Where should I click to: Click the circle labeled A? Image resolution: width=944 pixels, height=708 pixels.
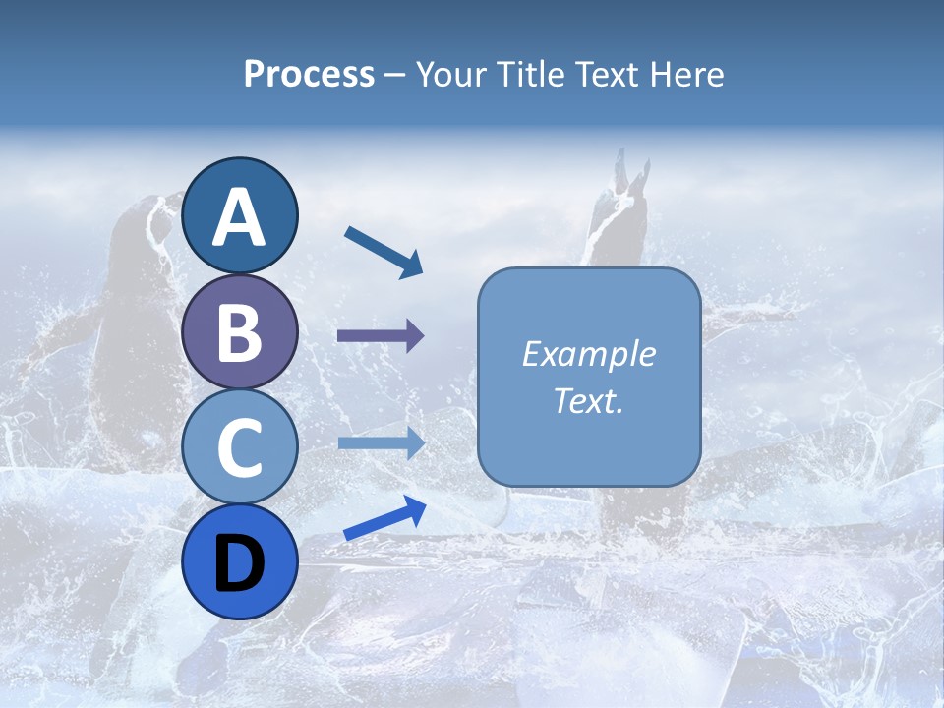pyautogui.click(x=240, y=215)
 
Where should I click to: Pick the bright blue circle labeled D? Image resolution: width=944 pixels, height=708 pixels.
pyautogui.click(x=240, y=561)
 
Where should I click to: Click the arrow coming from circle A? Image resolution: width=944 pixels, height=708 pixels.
pyautogui.click(x=383, y=251)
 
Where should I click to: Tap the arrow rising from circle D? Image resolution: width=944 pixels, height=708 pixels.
pyautogui.click(x=384, y=518)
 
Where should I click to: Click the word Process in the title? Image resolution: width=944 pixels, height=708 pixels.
pyautogui.click(x=309, y=74)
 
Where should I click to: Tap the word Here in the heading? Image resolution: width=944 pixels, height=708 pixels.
pyautogui.click(x=687, y=74)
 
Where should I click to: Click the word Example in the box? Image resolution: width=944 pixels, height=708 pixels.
pyautogui.click(x=589, y=354)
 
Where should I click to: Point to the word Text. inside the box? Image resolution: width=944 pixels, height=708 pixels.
pyautogui.click(x=589, y=400)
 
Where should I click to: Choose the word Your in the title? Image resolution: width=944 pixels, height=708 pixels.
pyautogui.click(x=450, y=74)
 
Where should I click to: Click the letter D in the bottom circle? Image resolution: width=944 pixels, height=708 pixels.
pyautogui.click(x=240, y=562)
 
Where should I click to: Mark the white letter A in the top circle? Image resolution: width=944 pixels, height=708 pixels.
pyautogui.click(x=240, y=216)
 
